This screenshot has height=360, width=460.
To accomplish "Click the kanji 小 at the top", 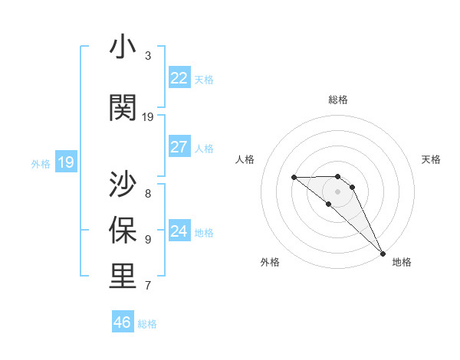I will point(123,47).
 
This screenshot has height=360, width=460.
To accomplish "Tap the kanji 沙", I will point(123,184).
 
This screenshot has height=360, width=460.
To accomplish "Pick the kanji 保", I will point(123,230).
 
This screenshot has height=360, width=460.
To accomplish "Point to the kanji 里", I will point(123,276).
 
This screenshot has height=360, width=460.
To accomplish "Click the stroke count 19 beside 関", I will point(148,116).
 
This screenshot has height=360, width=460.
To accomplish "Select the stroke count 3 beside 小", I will point(148,56).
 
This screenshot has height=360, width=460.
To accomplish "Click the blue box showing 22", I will point(179,77).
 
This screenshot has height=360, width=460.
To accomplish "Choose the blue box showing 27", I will point(179,147).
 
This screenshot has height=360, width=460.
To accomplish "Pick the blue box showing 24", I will point(179,231).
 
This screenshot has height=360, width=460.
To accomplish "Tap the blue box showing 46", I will point(123,322).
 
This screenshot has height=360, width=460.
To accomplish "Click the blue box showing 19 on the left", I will point(66,162).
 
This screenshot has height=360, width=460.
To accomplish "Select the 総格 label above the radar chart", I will point(338,100).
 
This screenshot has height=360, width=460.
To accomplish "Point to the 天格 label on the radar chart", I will point(431,159).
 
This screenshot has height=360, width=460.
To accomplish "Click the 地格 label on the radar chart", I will point(402,262).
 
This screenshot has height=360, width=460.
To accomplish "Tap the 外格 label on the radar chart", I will point(270,262).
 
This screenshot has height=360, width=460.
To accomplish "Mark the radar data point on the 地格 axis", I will point(383,253).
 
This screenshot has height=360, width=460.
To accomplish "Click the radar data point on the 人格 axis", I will point(294,178).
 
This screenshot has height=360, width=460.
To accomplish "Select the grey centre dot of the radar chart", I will point(338,191).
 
